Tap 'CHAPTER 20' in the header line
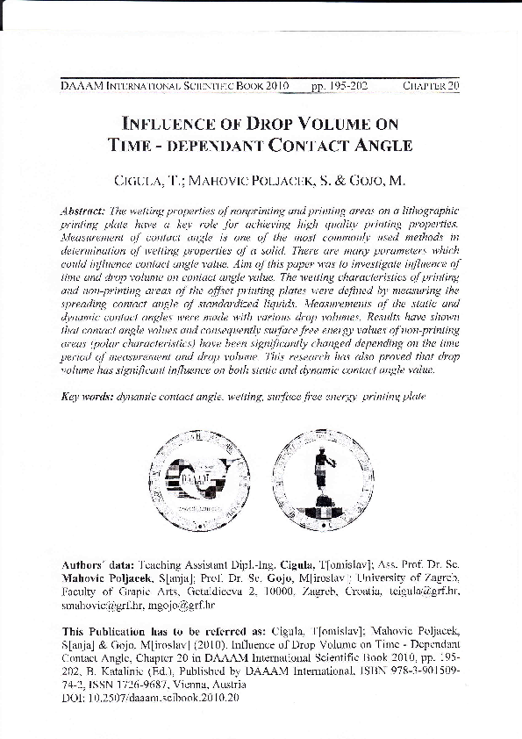click(431, 87)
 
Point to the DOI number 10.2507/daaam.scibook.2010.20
click(173, 698)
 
